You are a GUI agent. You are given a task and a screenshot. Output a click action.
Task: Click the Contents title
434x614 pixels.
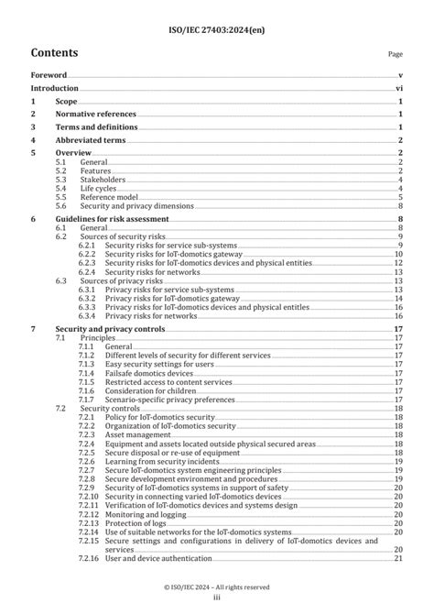pos(54,53)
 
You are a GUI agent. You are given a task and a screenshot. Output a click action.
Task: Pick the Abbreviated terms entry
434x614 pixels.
pos(91,140)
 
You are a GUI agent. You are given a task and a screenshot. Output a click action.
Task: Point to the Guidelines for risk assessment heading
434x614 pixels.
pos(112,220)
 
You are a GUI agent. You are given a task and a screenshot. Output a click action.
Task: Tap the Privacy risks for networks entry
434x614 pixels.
pos(150,315)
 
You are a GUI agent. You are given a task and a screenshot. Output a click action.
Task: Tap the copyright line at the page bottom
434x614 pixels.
pos(217,587)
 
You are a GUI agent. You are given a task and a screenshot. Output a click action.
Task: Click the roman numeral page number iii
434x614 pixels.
pos(217,598)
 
